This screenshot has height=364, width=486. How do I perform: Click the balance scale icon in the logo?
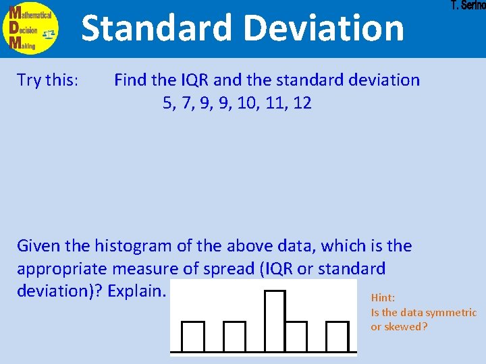point(49,33)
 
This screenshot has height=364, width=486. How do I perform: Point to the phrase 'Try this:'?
point(48,80)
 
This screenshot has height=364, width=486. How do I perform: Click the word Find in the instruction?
point(130,80)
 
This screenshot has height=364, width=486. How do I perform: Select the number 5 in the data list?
point(167,103)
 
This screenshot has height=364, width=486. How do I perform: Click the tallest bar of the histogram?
point(275,320)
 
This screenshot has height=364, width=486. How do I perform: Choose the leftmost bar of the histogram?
point(193,336)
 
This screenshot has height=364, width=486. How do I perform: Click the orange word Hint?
point(383,297)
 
